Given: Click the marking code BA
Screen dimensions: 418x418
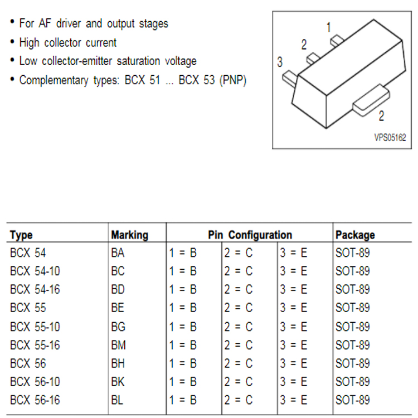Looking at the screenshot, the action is point(118,252).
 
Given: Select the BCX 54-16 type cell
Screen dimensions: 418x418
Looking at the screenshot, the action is point(35,289).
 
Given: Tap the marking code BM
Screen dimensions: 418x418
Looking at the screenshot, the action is point(118,345).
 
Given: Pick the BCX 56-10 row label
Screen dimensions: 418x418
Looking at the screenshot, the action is point(35,382).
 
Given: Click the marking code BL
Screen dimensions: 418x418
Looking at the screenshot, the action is point(117,400).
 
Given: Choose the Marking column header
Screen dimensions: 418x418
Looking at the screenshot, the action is point(129,235).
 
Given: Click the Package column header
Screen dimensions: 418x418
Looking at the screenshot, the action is point(355,235).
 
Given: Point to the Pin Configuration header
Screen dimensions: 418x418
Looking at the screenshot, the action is point(250,235).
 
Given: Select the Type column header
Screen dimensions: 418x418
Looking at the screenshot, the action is point(21,235).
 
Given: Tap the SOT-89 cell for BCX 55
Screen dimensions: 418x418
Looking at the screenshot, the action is point(353,308).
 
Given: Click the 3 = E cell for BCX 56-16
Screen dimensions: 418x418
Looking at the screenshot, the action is point(294,400).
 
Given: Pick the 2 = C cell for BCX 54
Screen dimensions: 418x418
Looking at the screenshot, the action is point(239,252).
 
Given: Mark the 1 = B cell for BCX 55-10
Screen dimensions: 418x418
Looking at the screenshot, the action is point(183,327).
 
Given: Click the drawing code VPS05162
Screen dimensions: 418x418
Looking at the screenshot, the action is point(390,138).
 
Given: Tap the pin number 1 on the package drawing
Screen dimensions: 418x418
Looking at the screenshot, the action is point(329,27).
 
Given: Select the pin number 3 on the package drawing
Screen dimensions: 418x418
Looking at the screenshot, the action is point(280,62).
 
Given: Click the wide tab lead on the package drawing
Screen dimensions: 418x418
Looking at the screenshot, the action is point(371,100).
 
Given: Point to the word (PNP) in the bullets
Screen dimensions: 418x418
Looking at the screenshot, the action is point(233,80).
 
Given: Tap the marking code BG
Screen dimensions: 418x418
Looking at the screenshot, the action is point(118,327).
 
